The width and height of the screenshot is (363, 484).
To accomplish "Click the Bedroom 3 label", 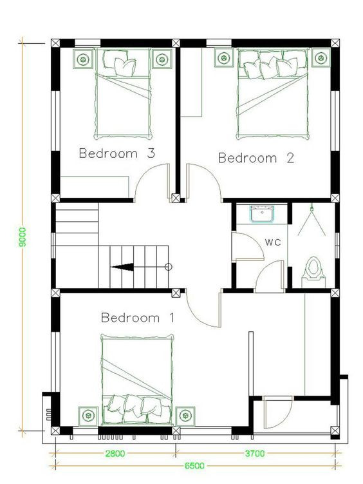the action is tap(116, 153).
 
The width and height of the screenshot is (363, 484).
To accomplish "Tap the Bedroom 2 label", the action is tap(256, 158).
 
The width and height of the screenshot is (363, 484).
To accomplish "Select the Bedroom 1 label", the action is tap(138, 318).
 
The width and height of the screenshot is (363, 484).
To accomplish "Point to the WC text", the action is tap(273, 242).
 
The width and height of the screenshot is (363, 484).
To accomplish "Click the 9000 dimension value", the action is tap(23, 237).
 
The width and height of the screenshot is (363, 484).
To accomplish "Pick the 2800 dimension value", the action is tap(115, 454).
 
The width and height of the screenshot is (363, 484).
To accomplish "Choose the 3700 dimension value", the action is tap(255, 454).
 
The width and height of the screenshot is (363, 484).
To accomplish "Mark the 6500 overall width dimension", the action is tap(194, 465).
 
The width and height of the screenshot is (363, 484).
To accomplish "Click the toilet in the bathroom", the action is tap(313, 268).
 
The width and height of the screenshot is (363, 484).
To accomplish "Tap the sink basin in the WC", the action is tap(262, 214).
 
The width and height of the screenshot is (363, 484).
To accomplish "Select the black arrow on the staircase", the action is tap(122, 267).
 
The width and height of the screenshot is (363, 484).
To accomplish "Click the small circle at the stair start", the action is tap(168, 267).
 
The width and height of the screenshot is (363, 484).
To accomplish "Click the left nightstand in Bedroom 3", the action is tap(82, 59).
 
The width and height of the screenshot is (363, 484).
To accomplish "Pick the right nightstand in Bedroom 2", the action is tap(321, 57).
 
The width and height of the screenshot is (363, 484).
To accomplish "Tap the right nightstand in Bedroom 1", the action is tap(185, 416).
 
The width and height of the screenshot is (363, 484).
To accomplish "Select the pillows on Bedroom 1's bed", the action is tap(138, 404).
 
